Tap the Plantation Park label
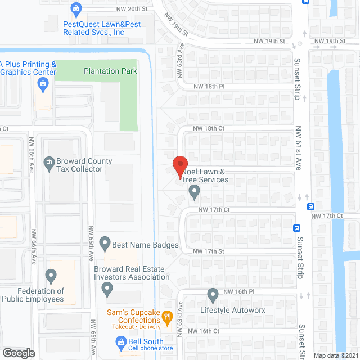click(x=110, y=71)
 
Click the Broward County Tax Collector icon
click(x=49, y=164)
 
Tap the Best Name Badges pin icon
click(x=105, y=244)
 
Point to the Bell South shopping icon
click(x=120, y=341)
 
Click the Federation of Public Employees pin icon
click(x=51, y=276)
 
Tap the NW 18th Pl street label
click(x=209, y=87)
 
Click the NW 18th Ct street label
click(x=209, y=128)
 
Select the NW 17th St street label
click(x=209, y=251)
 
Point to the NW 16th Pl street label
click(x=239, y=292)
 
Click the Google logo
click(x=18, y=353)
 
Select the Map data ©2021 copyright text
click(x=336, y=355)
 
